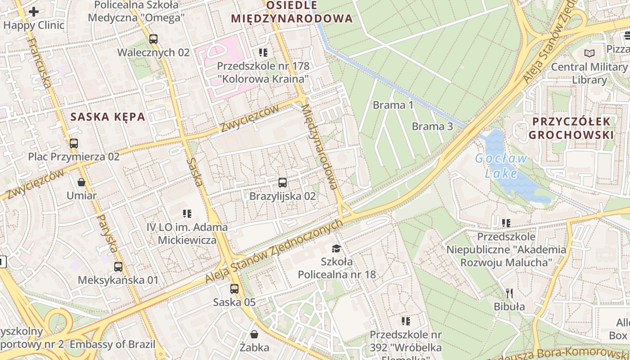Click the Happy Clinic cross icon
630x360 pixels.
click(33, 12)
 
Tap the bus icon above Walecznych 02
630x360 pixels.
click(153, 39)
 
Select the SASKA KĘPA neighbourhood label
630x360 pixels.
click(108, 117)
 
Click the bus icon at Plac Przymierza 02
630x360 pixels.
click(73, 144)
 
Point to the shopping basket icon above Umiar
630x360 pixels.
click(81, 182)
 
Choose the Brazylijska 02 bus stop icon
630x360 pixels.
click(283, 183)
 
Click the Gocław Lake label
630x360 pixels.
click(501, 166)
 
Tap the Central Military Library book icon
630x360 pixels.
click(589, 54)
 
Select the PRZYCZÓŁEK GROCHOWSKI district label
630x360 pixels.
click(571, 128)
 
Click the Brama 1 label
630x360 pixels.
click(393, 105)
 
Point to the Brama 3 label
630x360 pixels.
click(432, 126)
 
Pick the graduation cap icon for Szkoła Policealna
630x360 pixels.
click(336, 248)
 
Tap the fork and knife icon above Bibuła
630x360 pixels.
click(509, 293)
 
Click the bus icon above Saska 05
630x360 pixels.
click(234, 289)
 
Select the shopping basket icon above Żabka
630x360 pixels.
click(254, 334)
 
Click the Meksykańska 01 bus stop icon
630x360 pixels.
click(118, 267)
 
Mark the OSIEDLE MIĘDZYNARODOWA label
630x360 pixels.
click(292, 12)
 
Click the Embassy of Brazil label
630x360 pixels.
click(112, 345)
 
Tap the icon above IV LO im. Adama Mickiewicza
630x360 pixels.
click(187, 214)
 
